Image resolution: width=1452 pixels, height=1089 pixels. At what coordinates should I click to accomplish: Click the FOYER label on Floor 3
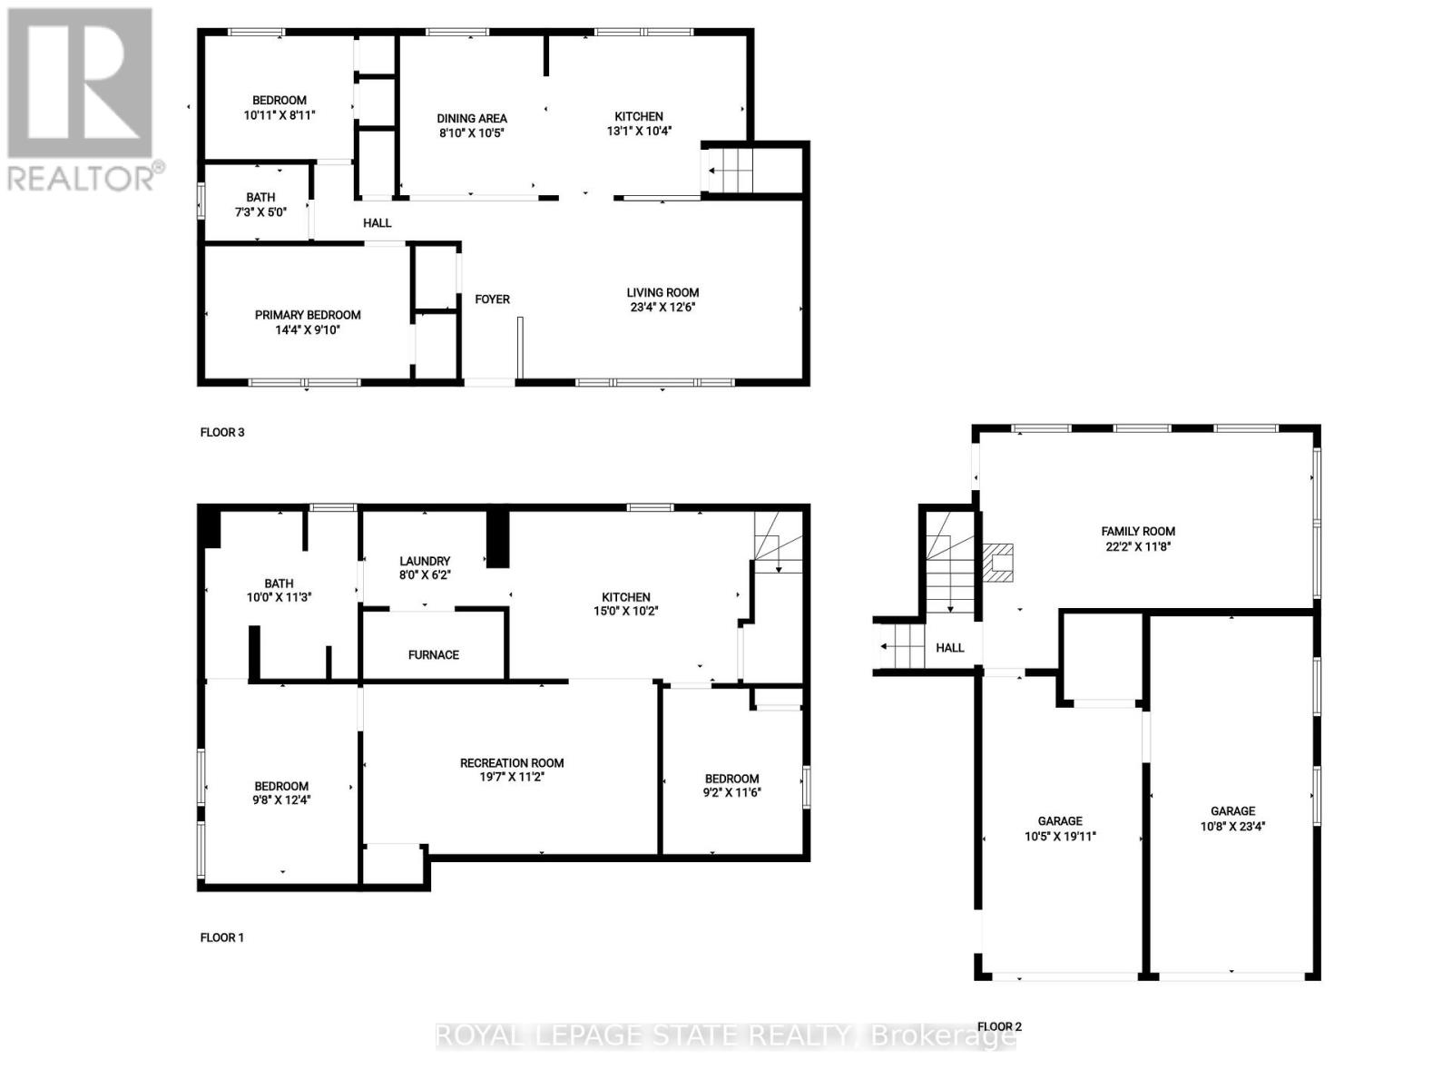pos(492,299)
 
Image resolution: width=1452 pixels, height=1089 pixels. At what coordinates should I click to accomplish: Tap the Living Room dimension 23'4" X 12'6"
pos(662,308)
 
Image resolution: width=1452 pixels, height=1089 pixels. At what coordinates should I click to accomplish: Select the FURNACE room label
pos(433,655)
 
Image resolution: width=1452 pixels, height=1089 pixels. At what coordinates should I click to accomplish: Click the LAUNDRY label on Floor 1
pos(424,562)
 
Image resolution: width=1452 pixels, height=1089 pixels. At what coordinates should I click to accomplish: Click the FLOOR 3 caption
pos(222,433)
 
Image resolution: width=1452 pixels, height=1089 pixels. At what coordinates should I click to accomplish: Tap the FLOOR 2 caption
pos(999,1027)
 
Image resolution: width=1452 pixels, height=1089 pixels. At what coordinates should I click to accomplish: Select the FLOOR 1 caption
pos(222,937)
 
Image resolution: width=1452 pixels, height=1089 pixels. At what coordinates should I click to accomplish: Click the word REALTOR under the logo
pos(82,177)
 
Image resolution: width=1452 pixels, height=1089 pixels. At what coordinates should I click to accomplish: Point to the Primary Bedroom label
pos(308,315)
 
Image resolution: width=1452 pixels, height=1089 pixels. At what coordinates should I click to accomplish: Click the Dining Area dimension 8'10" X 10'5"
pos(471,133)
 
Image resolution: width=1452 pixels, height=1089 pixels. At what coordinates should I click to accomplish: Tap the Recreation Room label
pos(512,763)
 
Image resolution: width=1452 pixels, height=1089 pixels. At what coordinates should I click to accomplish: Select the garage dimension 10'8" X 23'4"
pos(1232,827)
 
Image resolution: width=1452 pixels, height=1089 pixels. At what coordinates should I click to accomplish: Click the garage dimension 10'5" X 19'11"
pos(1060,837)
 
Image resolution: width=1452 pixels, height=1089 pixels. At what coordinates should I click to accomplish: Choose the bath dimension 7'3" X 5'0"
pos(260,212)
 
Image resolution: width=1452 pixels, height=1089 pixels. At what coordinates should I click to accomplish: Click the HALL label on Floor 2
pos(949,648)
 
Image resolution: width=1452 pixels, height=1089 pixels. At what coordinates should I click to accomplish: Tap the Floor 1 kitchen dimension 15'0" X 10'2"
pos(626,612)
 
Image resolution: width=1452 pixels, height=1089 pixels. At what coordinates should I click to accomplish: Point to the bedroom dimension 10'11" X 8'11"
pos(279,115)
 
